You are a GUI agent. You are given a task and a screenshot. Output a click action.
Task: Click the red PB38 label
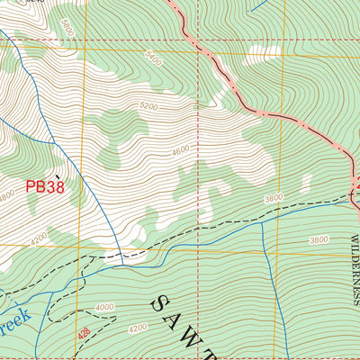pos(44,187)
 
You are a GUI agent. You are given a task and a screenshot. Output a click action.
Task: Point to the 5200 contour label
pos(148,106)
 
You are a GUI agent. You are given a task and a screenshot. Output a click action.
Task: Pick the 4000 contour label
pos(104,308)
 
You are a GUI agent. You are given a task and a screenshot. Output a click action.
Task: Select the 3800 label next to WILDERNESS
pos(319,240)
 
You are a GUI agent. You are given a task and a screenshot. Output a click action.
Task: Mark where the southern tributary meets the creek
pos(263,223)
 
